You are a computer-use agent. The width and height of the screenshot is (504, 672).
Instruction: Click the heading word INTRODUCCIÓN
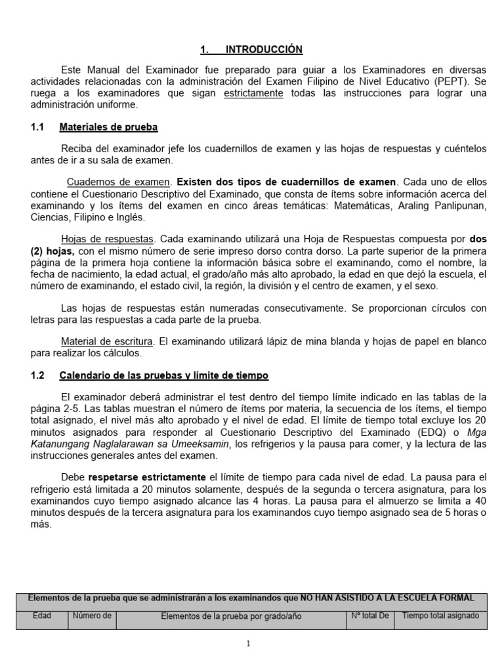tap(264, 50)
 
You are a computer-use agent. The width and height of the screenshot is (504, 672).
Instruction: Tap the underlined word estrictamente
tap(254, 93)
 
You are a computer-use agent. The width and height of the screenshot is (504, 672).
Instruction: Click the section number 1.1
tap(37, 127)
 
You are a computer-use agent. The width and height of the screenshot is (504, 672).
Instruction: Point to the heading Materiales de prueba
tap(108, 127)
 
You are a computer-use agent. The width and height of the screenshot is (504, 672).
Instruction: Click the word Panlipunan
tap(459, 205)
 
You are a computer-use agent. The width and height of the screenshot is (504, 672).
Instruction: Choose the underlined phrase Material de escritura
tap(108, 341)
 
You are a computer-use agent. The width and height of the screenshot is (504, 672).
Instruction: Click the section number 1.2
tap(37, 375)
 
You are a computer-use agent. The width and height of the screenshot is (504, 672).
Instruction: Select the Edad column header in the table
tap(42, 616)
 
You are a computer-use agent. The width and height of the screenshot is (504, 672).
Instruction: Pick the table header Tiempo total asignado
tap(440, 616)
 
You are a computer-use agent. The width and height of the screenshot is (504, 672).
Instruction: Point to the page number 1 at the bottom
tap(249, 644)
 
